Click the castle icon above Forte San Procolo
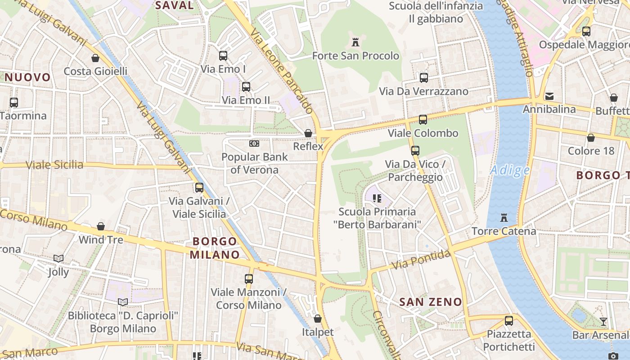click(x=355, y=43)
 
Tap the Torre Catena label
click(x=504, y=231)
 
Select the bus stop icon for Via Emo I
click(x=223, y=56)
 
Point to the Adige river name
click(x=510, y=170)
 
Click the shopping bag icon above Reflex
click(x=308, y=133)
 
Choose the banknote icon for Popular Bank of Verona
click(x=254, y=144)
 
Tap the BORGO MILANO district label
click(x=215, y=248)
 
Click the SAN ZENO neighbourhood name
click(x=431, y=302)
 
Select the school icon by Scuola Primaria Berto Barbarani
click(x=377, y=198)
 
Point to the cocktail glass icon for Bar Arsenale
click(x=603, y=322)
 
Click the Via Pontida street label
click(x=421, y=261)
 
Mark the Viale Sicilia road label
click(x=54, y=165)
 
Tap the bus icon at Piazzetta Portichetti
click(x=508, y=321)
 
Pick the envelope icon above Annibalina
click(x=549, y=96)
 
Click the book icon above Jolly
click(x=58, y=258)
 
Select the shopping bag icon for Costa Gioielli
click(x=95, y=58)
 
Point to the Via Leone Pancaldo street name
click(x=282, y=72)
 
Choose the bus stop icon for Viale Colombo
click(x=423, y=120)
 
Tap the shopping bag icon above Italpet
click(x=318, y=319)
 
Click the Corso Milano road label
click(x=34, y=220)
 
